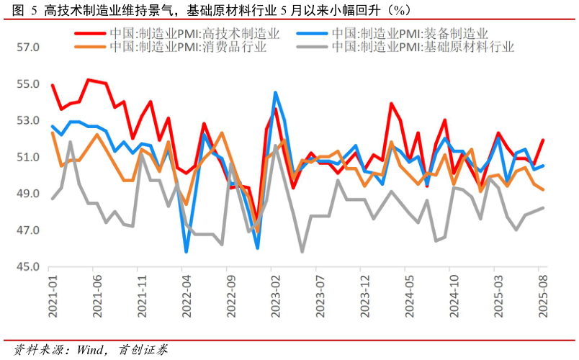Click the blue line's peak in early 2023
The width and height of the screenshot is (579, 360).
[x=275, y=93]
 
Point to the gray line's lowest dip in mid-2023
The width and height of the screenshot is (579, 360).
[x=302, y=251]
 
